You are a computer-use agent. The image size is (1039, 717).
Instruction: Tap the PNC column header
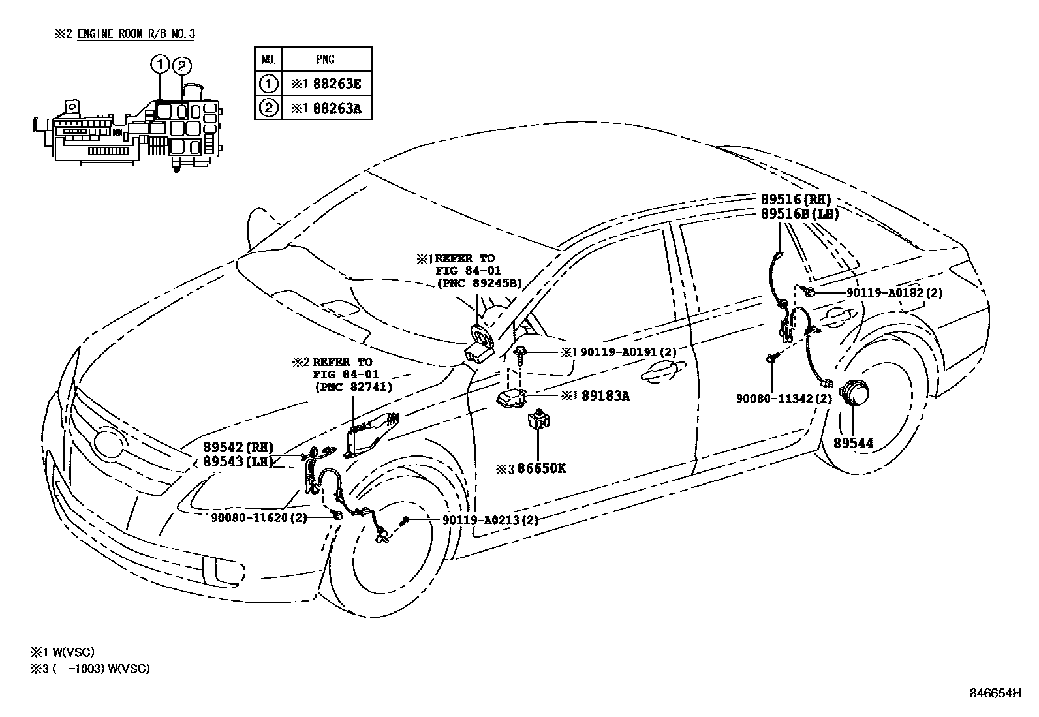(x=326, y=59)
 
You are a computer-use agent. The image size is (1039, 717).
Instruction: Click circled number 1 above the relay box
(x=160, y=65)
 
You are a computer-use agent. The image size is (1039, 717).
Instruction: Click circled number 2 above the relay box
(x=182, y=65)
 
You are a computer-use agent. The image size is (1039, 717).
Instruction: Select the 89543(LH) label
(x=232, y=461)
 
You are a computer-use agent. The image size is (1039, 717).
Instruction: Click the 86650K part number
(x=542, y=468)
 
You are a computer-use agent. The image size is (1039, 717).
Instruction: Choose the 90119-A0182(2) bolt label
(x=895, y=293)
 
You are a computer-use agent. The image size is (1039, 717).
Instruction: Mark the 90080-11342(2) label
(x=784, y=398)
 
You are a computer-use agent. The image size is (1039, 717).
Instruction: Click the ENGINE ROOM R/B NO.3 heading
(x=136, y=34)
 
